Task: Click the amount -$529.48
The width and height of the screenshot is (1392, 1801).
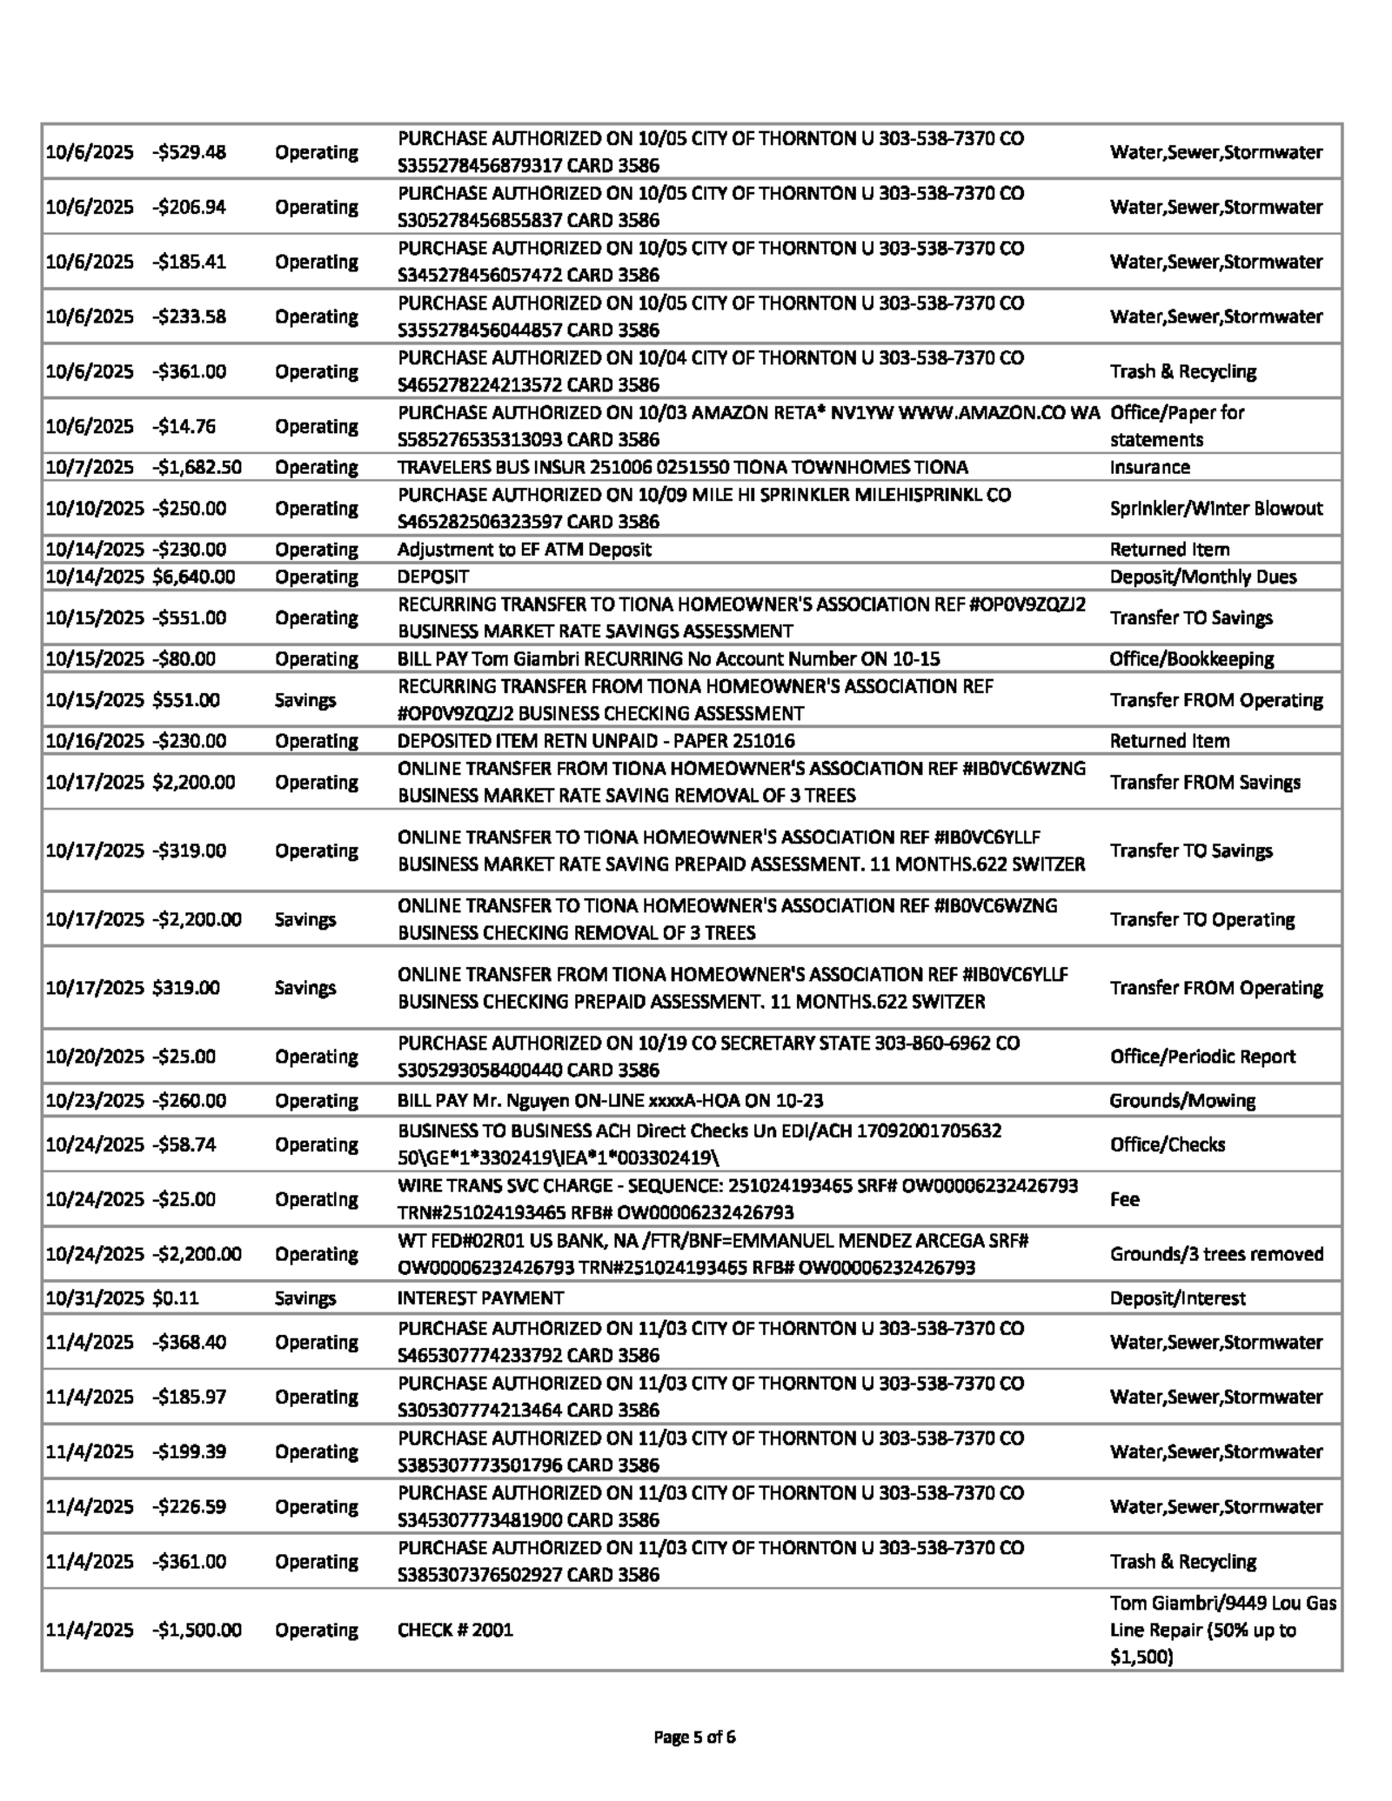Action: (189, 152)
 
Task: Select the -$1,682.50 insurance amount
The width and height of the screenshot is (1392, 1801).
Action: (197, 467)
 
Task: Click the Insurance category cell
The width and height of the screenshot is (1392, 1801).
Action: (1149, 467)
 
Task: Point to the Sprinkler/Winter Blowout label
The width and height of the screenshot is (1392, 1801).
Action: (1215, 508)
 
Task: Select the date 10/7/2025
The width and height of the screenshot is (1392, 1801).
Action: (90, 467)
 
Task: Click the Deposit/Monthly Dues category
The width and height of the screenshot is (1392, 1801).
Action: (1202, 577)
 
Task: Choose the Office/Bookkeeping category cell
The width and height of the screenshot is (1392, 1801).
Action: (1191, 658)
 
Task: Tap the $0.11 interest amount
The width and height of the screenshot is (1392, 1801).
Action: (176, 1297)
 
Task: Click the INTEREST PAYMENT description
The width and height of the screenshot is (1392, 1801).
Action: (480, 1297)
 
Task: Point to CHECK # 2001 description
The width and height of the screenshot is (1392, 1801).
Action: (455, 1629)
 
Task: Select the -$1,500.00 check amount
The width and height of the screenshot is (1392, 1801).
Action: (197, 1629)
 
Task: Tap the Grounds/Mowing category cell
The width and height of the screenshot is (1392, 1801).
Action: (1181, 1100)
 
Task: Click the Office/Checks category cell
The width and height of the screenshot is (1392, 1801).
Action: (1167, 1144)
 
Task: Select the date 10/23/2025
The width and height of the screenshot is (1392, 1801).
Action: (94, 1100)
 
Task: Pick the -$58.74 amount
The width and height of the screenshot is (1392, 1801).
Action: (184, 1144)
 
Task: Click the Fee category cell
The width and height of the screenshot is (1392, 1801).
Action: (1124, 1198)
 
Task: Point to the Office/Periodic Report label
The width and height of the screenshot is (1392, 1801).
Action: (1202, 1056)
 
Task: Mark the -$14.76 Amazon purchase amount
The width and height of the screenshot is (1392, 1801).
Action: (184, 426)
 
